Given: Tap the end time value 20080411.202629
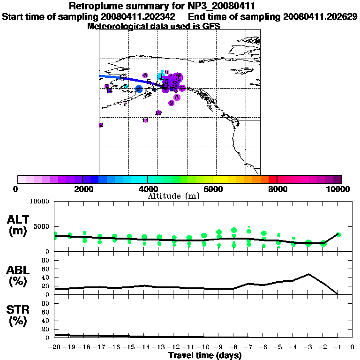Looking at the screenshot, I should pyautogui.click(x=321, y=16).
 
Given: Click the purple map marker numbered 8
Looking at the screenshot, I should pyautogui.click(x=176, y=97).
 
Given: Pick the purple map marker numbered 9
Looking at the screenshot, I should pyautogui.click(x=172, y=103).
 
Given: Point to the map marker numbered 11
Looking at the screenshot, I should pyautogui.click(x=145, y=120).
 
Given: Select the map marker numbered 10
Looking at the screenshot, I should pyautogui.click(x=158, y=113).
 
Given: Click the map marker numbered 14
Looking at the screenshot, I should pyautogui.click(x=109, y=91).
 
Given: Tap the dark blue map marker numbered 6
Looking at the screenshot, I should pyautogui.click(x=139, y=89).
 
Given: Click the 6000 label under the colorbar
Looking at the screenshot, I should pyautogui.click(x=212, y=189).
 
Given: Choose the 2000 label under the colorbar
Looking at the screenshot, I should pyautogui.click(x=82, y=189).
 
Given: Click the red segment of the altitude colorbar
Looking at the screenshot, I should pyautogui.click(x=272, y=179).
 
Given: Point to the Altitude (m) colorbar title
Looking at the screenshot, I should pyautogui.click(x=174, y=196).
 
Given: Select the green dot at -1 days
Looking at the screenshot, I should pyautogui.click(x=338, y=234).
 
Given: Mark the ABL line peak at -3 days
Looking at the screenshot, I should pyautogui.click(x=308, y=274).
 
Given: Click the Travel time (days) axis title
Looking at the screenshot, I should pyautogui.click(x=205, y=355).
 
